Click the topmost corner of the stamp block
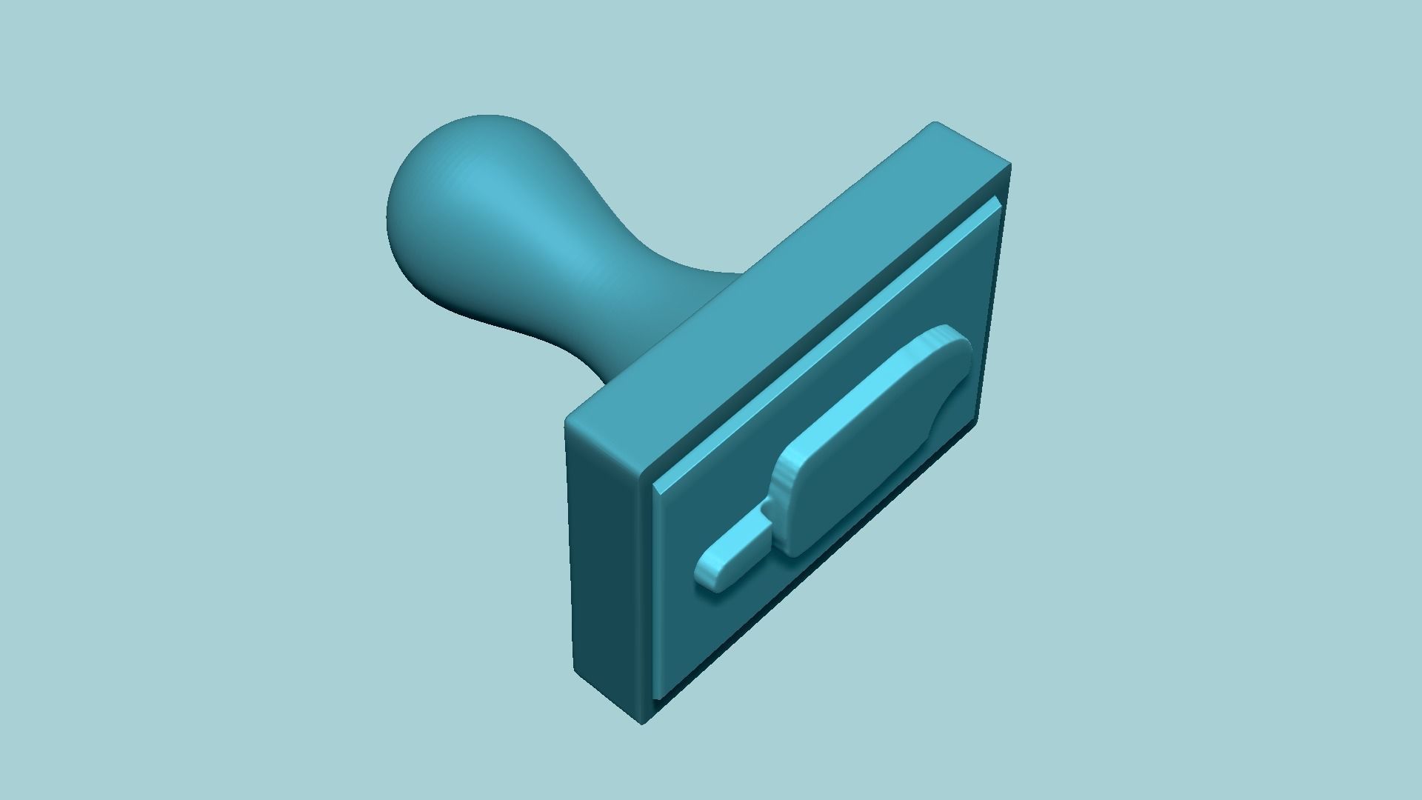935,123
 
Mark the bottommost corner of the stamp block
642,722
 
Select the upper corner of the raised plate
998,201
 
